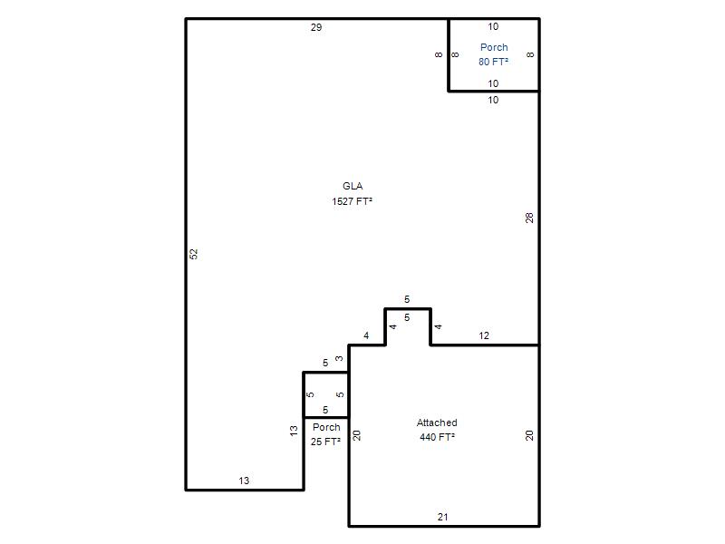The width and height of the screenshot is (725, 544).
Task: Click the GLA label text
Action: pos(353,186)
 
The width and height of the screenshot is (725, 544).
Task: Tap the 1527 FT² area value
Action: pos(352,201)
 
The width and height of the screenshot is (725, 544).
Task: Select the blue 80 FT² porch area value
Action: pos(493,62)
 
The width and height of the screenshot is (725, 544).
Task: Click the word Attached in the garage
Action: pos(437,423)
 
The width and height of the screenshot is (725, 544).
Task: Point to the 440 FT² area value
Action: pos(437,437)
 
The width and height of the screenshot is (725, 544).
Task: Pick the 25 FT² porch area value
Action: pos(325,442)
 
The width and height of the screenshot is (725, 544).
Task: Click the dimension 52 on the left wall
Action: pos(194,254)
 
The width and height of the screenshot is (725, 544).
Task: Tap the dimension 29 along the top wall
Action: pos(316,27)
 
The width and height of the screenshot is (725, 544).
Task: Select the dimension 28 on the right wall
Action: pos(529,218)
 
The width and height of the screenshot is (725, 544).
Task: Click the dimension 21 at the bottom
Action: pos(443,517)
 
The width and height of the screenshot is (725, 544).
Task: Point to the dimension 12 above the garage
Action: pos(484,335)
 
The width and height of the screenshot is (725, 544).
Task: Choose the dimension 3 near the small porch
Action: pos(339,358)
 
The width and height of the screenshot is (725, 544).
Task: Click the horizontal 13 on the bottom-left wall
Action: pos(244,481)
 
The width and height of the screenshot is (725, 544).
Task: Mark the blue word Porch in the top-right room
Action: pos(494,47)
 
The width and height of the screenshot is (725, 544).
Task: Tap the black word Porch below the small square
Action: pos(326,427)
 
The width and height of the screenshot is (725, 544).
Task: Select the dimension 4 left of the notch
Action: pos(366,335)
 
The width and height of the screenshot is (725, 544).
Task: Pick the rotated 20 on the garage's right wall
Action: pos(529,435)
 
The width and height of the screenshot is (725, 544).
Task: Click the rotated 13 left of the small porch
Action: pos(294,432)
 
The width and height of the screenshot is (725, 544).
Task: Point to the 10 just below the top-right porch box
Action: pos(493,100)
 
